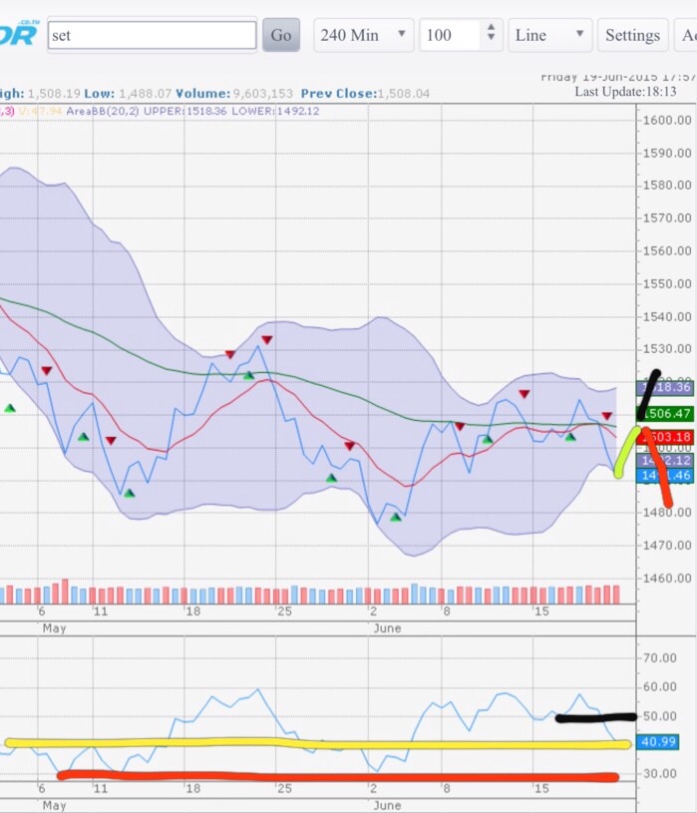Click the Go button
[x=280, y=35]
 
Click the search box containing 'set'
[x=152, y=35]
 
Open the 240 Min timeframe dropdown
[x=362, y=35]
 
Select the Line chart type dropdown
[x=549, y=35]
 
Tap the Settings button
[x=632, y=35]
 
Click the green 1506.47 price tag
[x=665, y=413]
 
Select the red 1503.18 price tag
[x=667, y=437]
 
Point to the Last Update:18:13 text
[x=625, y=92]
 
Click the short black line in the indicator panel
[x=595, y=717]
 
